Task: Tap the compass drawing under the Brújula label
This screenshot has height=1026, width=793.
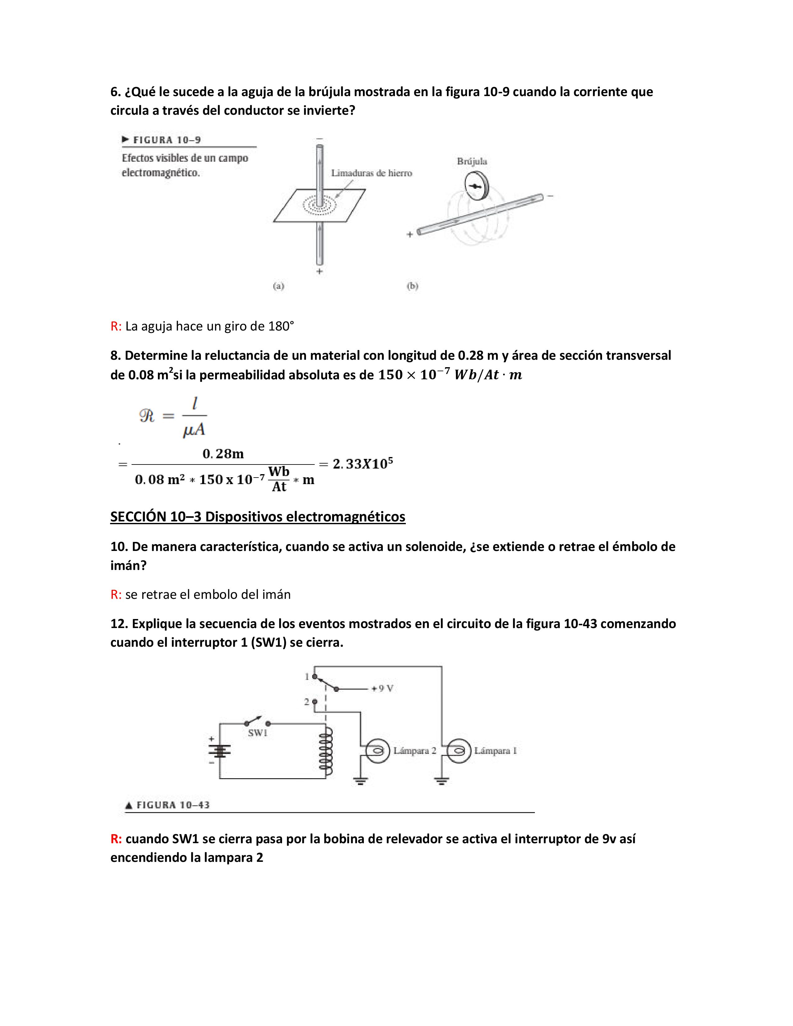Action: click(x=476, y=187)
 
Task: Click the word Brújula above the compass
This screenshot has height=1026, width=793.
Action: click(x=472, y=162)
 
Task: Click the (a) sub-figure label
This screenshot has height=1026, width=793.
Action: click(x=279, y=286)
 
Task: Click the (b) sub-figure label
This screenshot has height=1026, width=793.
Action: click(x=412, y=286)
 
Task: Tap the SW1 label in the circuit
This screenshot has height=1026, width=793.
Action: click(x=257, y=733)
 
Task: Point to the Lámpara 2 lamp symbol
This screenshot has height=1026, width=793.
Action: click(x=378, y=751)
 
